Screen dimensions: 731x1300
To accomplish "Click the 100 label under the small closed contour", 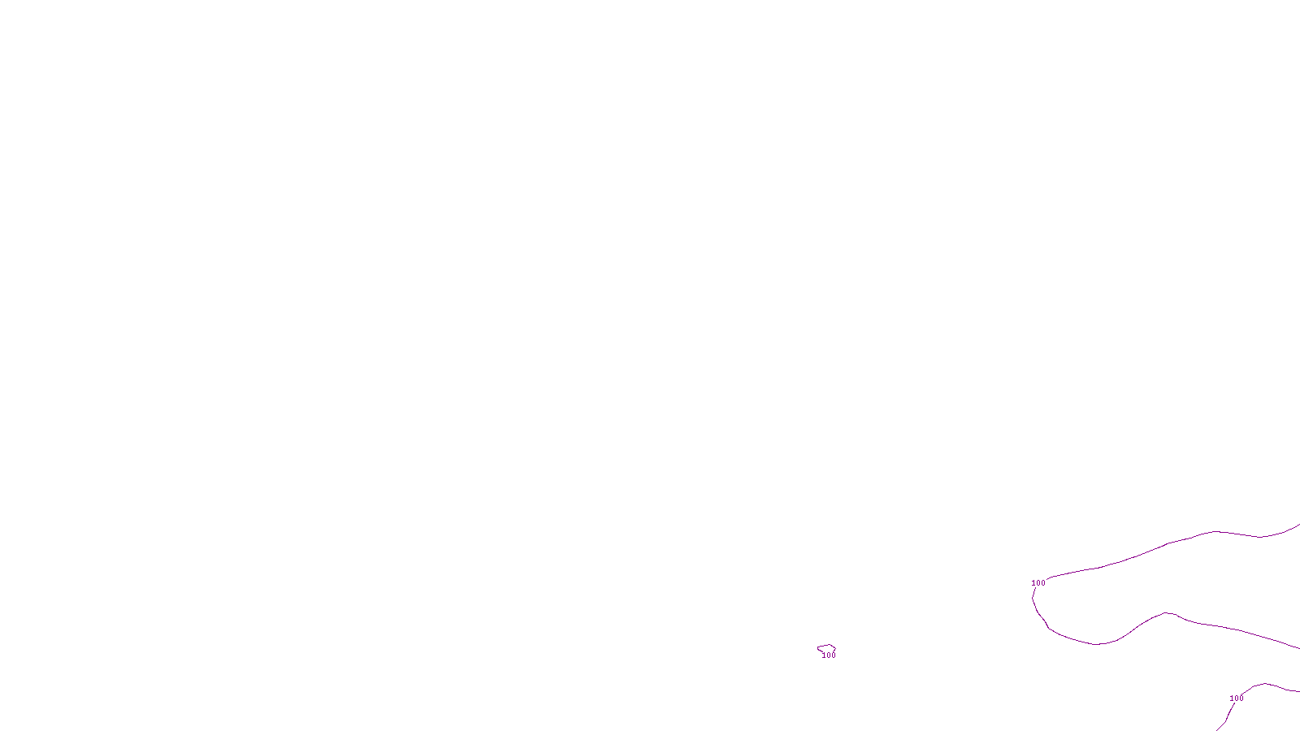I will [x=829, y=655].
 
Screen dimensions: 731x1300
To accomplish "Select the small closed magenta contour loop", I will [x=825, y=647].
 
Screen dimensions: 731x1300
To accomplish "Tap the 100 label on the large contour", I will [x=1038, y=583].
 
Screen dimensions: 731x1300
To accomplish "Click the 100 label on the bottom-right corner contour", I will [x=1237, y=699].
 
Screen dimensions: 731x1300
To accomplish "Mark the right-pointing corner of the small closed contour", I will [x=836, y=648].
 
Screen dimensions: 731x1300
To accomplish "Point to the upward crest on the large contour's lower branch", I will [x=1166, y=612].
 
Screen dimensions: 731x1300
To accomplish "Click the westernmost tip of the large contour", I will [x=1033, y=599].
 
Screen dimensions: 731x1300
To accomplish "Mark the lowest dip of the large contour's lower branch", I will [x=1097, y=645].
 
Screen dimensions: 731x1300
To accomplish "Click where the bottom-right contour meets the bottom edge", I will [x=1217, y=729].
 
